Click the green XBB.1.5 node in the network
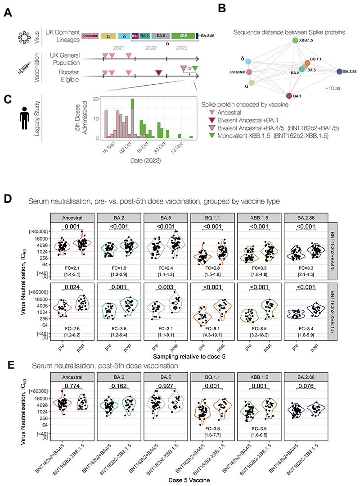pos(295,41)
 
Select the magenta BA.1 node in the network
pos(288,95)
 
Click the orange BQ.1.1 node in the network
pos(307,62)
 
